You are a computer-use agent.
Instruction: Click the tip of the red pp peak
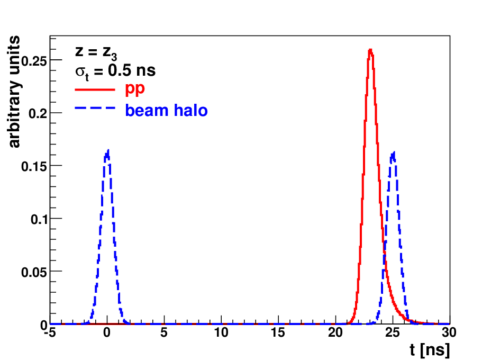coord(370,49)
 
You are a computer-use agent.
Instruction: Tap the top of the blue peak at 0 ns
coord(108,150)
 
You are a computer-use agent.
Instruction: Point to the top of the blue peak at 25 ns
coord(394,152)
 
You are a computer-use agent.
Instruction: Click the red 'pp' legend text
coord(135,89)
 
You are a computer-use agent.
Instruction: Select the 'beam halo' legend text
coord(166,111)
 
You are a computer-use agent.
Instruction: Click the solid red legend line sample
coord(95,89)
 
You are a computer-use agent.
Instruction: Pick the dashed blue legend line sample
coord(95,108)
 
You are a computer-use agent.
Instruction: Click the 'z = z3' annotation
coord(96,52)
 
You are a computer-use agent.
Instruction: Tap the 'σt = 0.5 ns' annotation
coord(115,71)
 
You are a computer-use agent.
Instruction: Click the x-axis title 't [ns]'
coord(430,349)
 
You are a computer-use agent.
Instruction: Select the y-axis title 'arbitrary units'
coord(14,92)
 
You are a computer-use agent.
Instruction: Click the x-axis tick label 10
coord(221,332)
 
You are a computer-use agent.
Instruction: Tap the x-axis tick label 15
coord(278,332)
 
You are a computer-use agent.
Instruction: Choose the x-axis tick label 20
coord(335,332)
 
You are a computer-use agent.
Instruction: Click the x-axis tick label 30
coord(449,332)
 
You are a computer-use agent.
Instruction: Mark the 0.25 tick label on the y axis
coord(34,61)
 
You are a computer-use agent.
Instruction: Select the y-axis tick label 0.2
coord(38,113)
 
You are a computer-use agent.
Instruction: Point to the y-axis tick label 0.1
coord(39,219)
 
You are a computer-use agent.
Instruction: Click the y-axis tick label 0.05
coord(34,272)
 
